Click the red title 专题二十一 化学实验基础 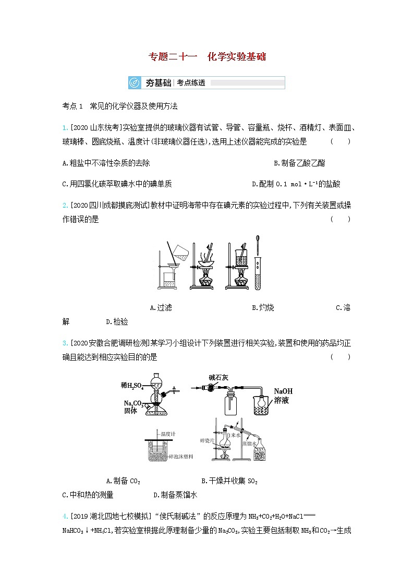tap(207, 56)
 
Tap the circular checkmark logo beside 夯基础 tap(135, 82)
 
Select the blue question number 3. tap(64, 343)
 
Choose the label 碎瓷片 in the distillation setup tap(206, 440)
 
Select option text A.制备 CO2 tap(123, 481)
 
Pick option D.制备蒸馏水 tap(175, 495)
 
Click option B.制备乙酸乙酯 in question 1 tap(299, 163)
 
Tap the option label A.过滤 tap(160, 307)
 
